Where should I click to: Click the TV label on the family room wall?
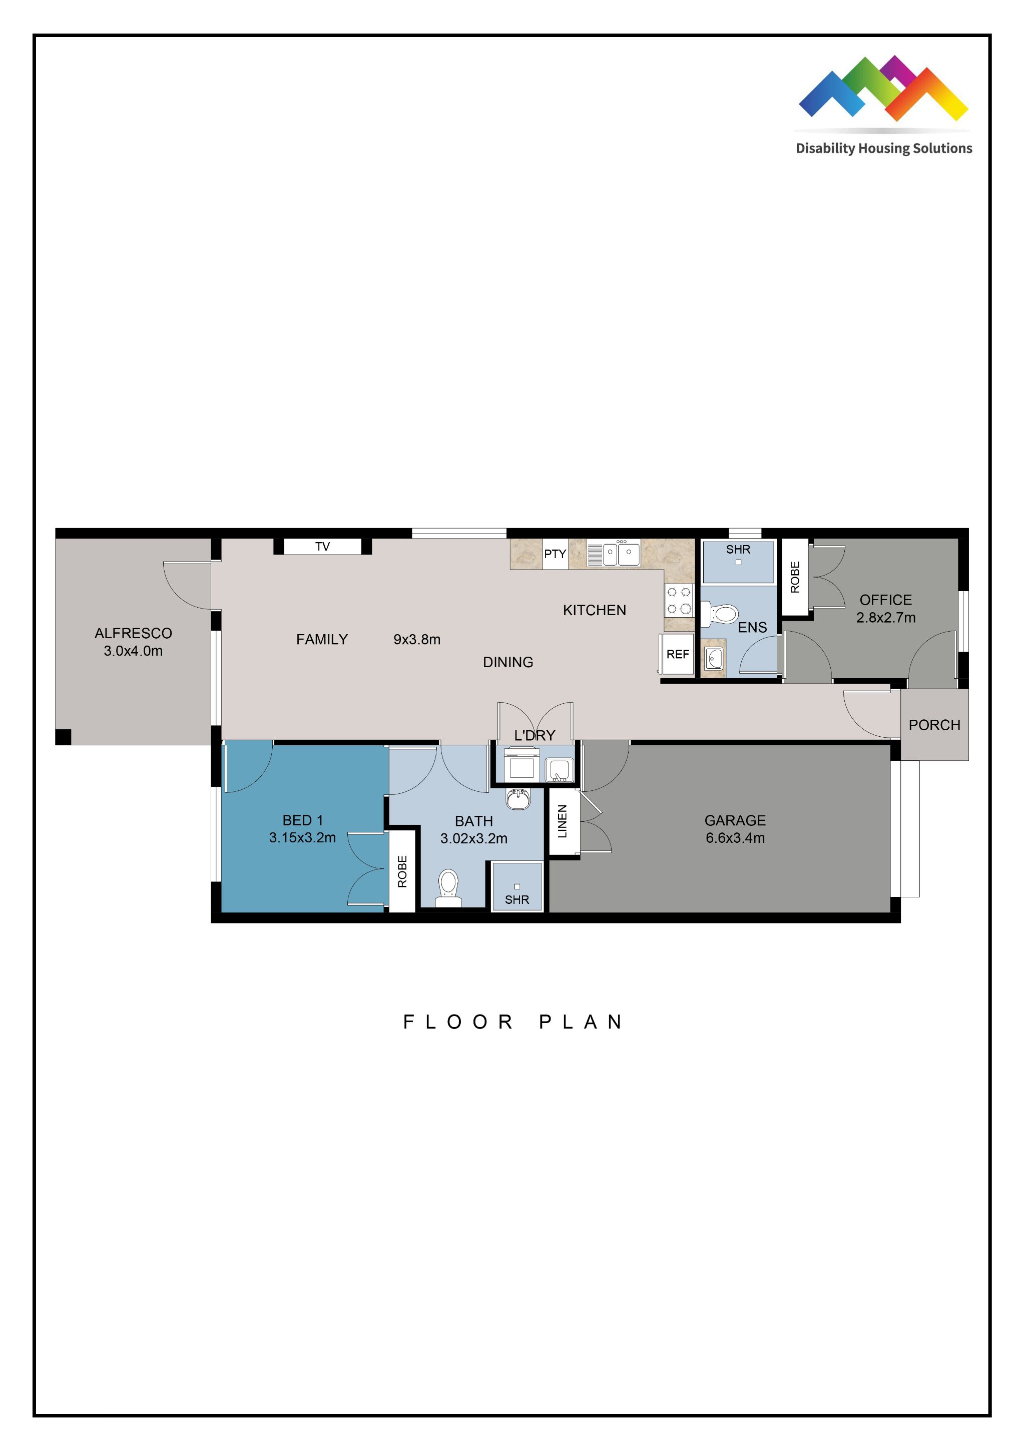click(322, 546)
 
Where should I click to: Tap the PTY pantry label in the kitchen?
click(555, 554)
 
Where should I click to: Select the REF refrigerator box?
click(678, 654)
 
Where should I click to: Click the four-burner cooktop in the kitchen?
click(679, 600)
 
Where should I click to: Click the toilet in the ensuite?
click(724, 613)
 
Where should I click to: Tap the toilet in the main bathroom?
click(448, 886)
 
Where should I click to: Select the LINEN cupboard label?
click(562, 821)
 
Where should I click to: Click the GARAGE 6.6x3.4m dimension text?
click(735, 838)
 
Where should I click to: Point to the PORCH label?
click(934, 725)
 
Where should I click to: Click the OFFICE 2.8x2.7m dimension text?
click(885, 618)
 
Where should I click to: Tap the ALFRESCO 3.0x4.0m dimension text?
click(133, 651)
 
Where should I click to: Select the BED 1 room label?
click(302, 820)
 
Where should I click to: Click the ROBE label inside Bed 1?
click(402, 871)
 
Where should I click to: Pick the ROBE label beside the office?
click(795, 577)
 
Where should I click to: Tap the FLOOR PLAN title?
click(513, 1022)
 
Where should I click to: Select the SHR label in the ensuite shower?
click(738, 550)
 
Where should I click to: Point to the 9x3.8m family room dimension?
click(417, 639)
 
